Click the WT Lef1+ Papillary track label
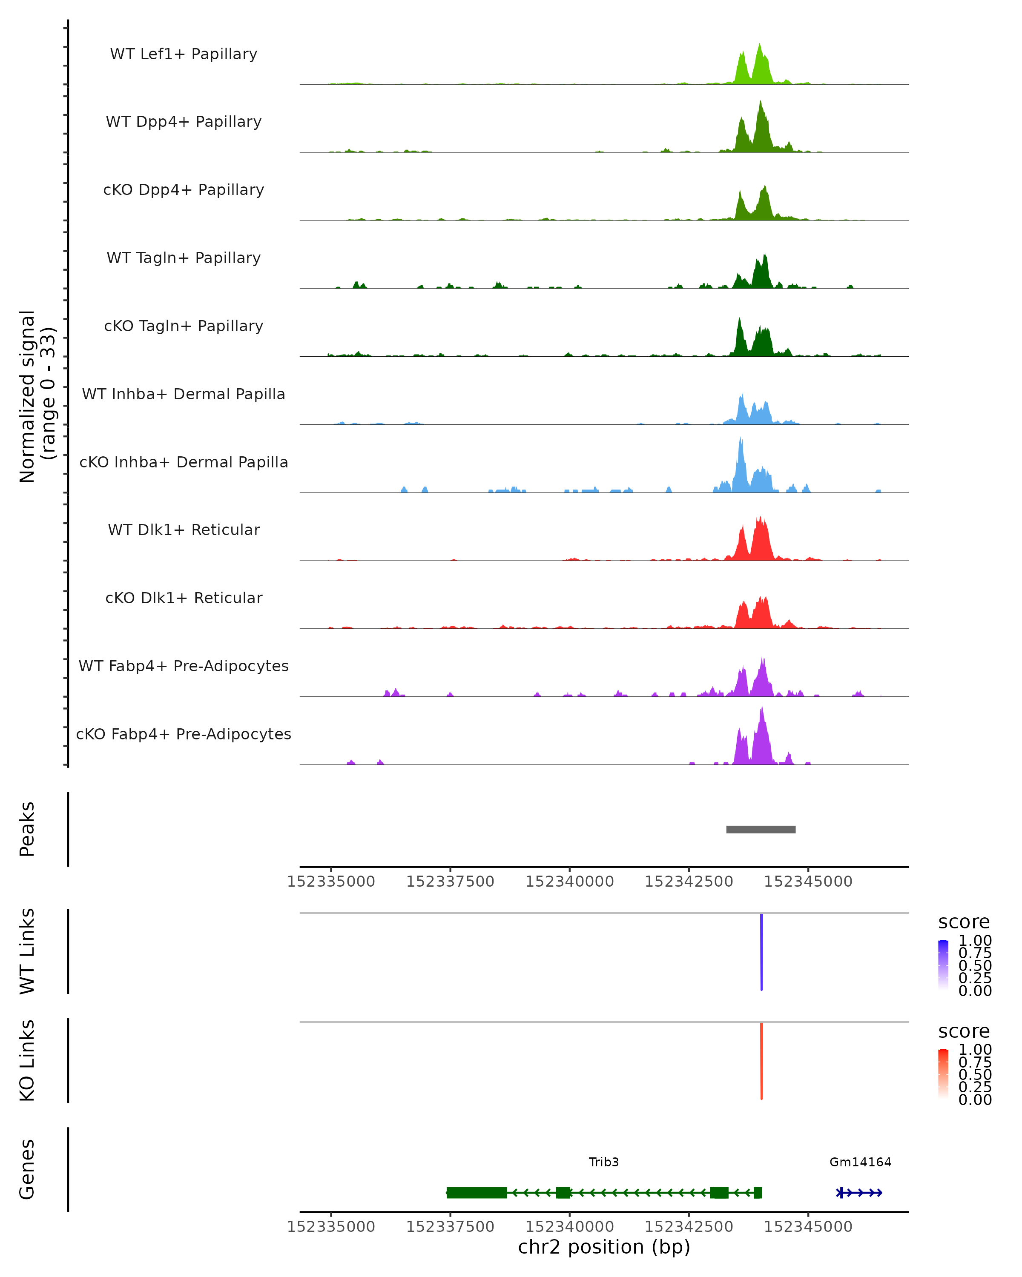tap(184, 54)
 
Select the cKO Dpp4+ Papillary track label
tap(184, 190)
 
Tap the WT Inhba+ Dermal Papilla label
tap(184, 395)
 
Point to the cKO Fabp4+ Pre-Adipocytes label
tap(184, 734)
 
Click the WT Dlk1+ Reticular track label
tap(184, 530)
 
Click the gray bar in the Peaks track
tap(761, 829)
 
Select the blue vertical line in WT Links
tap(761, 952)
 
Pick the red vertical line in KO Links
tap(761, 1061)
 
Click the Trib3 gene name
tap(604, 1162)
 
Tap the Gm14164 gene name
tap(860, 1162)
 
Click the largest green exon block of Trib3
tap(477, 1192)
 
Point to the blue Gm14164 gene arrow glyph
tap(859, 1192)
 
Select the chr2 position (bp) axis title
tap(604, 1247)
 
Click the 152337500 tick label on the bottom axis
tap(450, 1227)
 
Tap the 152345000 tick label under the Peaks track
tap(808, 882)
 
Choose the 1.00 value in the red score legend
tap(975, 1050)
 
